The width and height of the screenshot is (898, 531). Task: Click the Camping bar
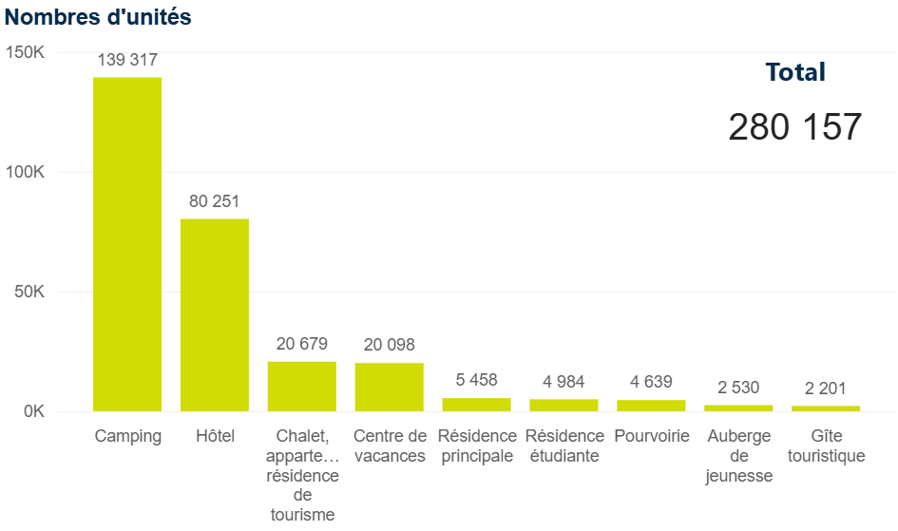(127, 244)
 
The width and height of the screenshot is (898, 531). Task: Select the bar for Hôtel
(215, 315)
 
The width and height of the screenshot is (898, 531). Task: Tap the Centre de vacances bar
(390, 387)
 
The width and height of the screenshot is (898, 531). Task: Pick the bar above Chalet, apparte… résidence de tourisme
(302, 387)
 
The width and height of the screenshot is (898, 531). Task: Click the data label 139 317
(127, 60)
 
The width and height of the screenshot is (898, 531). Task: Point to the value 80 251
(215, 201)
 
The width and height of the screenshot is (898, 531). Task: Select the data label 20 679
(302, 344)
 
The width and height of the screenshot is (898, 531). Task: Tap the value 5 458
(476, 380)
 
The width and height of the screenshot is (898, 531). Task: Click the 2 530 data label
(738, 388)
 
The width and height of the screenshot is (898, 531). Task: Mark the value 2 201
(825, 388)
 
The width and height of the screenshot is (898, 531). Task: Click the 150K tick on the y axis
(26, 52)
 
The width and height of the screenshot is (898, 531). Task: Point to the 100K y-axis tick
(26, 172)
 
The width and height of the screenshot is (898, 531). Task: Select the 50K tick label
(29, 292)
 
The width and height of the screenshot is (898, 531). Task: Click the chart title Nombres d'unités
(98, 17)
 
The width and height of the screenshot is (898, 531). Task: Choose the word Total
(795, 72)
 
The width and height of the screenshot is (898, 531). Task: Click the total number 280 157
(795, 126)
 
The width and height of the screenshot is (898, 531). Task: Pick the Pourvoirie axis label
(651, 437)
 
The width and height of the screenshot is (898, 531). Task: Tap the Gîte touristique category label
(826, 446)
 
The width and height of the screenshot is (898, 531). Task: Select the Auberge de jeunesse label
(738, 457)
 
